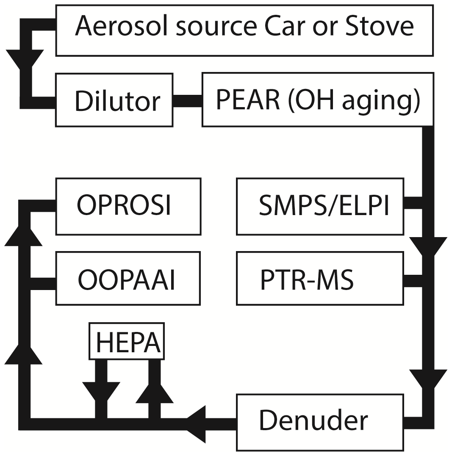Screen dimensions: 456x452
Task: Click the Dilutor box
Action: (x=114, y=100)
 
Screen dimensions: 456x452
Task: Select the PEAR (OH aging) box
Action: (x=317, y=100)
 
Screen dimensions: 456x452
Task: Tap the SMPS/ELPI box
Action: (x=320, y=206)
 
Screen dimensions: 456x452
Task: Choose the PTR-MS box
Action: (x=320, y=278)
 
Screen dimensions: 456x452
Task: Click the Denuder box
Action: (x=320, y=422)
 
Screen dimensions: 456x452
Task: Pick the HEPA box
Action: (x=127, y=341)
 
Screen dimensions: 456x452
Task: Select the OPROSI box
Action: (x=128, y=206)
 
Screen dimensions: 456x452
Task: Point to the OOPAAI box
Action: (x=128, y=278)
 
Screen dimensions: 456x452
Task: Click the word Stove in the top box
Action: (x=379, y=26)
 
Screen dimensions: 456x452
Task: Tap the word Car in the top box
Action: (x=281, y=26)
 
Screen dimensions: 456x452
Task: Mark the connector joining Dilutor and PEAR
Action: (x=187, y=101)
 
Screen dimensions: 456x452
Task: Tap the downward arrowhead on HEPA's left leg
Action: (x=101, y=391)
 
